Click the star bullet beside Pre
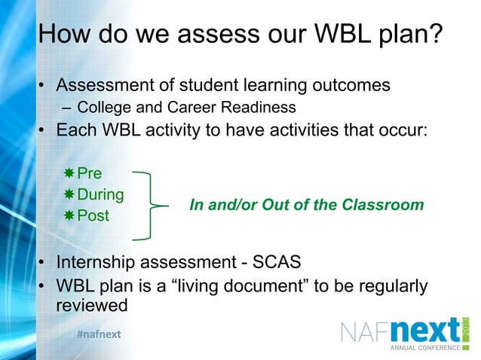[x=69, y=174]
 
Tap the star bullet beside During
[x=69, y=194]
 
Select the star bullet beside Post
[x=69, y=215]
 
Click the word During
[x=101, y=194]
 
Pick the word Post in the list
[x=93, y=215]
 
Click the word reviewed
[x=92, y=306]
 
